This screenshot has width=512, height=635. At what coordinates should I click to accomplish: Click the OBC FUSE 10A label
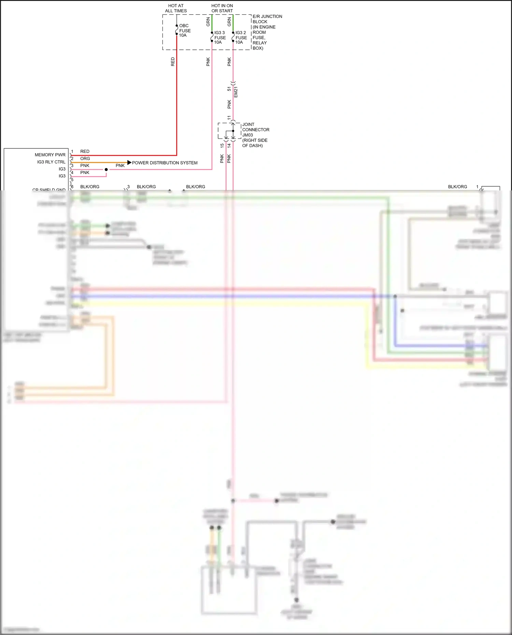tap(185, 30)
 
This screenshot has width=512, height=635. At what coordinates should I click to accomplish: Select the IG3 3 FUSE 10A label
tap(220, 38)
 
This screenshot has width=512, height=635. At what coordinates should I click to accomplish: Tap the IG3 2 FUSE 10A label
tap(241, 38)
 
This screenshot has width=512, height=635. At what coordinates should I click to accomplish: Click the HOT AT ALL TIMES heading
tap(176, 8)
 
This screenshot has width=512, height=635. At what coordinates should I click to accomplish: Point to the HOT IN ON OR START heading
tap(222, 8)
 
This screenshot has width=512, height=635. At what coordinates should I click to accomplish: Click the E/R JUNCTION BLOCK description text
tap(267, 32)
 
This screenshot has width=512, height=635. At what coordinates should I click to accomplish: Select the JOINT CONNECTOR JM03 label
tap(255, 135)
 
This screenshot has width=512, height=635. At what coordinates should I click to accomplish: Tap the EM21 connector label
tap(236, 92)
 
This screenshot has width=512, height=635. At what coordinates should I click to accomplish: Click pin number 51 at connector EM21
tap(229, 89)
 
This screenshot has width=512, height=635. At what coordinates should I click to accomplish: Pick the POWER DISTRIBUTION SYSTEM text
tap(165, 163)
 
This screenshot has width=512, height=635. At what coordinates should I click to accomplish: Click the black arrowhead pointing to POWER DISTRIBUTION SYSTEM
tap(129, 162)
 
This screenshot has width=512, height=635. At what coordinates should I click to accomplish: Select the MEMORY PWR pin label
tap(50, 155)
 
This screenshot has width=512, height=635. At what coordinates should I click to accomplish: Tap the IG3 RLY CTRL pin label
tap(51, 162)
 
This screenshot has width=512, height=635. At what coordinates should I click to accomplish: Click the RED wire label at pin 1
tap(85, 151)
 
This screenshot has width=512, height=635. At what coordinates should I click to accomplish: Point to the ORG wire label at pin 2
tap(85, 159)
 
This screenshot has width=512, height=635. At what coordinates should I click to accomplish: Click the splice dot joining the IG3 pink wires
tap(106, 170)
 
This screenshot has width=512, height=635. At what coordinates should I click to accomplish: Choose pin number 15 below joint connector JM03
tap(222, 145)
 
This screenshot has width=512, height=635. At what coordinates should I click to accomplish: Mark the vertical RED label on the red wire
tap(173, 62)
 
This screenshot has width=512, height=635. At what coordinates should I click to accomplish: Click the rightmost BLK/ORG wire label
tap(457, 187)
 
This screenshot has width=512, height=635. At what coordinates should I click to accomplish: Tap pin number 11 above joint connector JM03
tap(229, 118)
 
